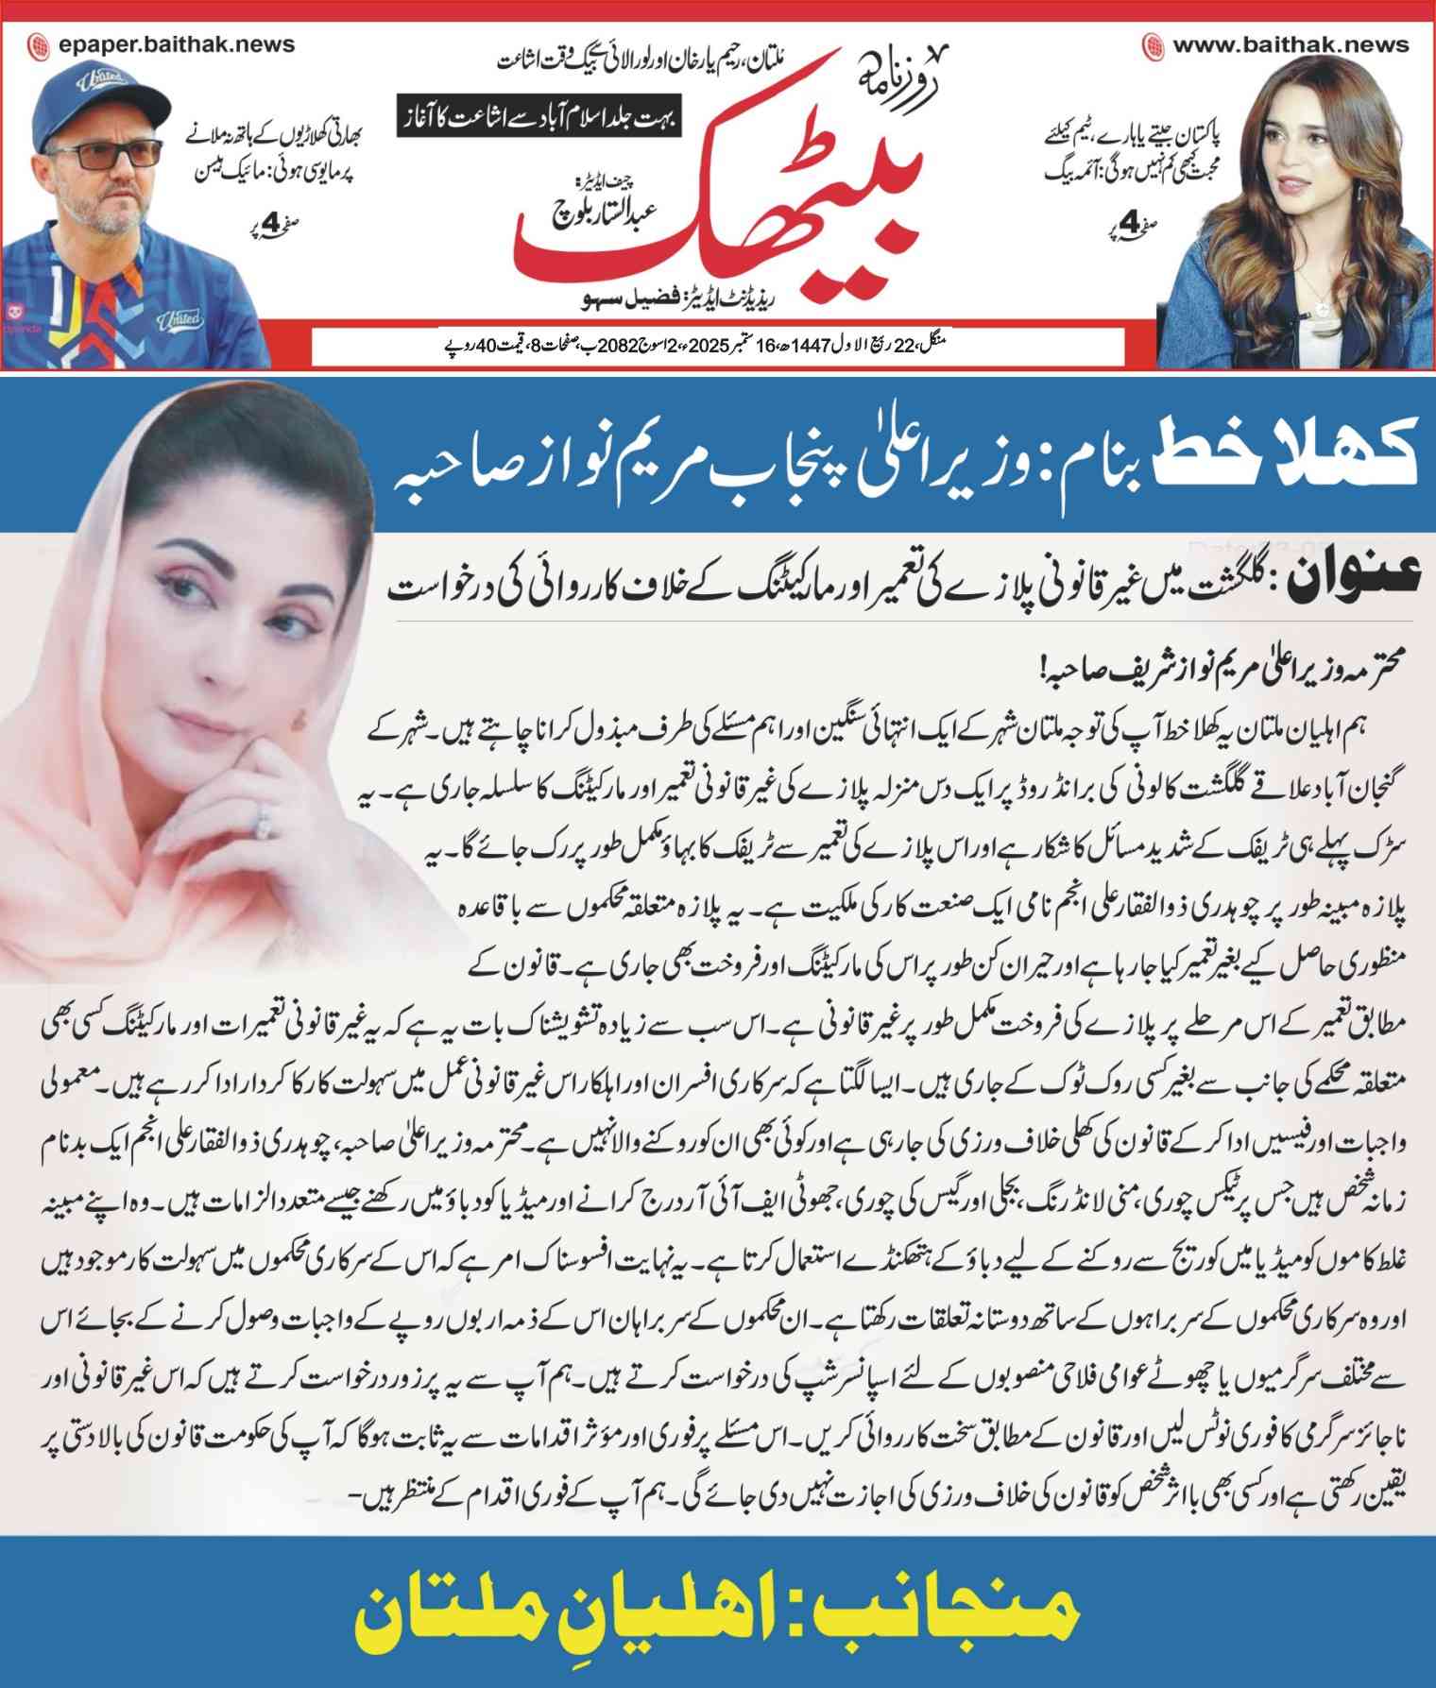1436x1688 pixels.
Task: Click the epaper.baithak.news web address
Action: [x=175, y=43]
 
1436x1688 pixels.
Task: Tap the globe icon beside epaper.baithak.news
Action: [x=39, y=44]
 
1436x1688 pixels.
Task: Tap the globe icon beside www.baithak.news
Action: [x=1153, y=44]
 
